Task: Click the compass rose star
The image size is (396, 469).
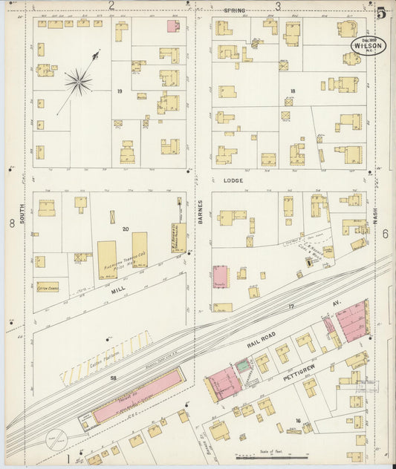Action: tap(77, 82)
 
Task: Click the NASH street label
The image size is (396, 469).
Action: tap(376, 214)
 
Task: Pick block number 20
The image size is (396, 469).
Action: tap(126, 229)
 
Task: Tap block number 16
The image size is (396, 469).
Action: tap(297, 421)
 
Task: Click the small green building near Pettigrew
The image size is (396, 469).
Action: tap(243, 367)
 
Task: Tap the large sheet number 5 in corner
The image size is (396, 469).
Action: tap(380, 12)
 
